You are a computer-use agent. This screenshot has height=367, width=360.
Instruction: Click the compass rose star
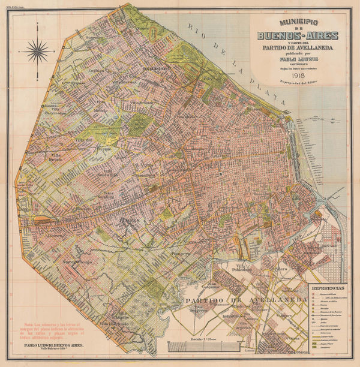(38, 50)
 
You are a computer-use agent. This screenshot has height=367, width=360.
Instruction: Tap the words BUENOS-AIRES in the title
(298, 35)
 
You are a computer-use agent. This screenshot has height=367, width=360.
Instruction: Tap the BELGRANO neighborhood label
(155, 69)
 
